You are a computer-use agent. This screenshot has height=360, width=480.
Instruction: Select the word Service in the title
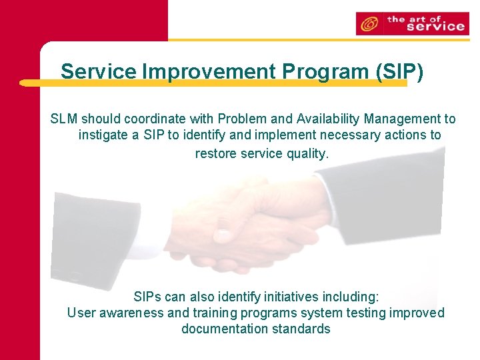tap(98, 71)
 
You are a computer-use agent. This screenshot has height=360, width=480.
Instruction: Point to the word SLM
tap(64, 119)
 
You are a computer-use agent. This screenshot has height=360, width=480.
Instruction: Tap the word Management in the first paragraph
tap(408, 119)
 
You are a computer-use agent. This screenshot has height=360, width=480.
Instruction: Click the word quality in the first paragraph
tap(307, 153)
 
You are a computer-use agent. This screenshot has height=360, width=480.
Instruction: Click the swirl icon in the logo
tap(367, 25)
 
